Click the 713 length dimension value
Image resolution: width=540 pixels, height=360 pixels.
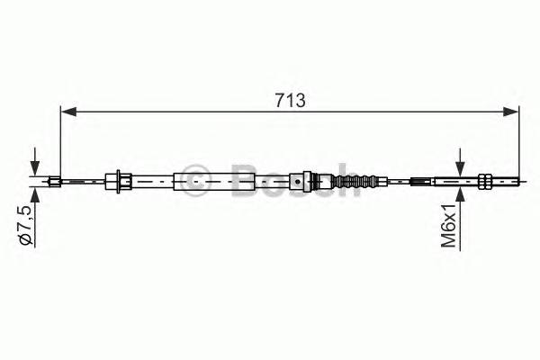[x=290, y=101]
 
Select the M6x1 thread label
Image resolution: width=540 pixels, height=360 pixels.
[x=449, y=225]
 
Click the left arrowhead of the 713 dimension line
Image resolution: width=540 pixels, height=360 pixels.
[x=68, y=112]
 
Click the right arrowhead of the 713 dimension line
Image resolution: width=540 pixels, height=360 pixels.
[x=510, y=112]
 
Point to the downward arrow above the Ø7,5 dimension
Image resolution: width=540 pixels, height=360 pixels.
[x=35, y=162]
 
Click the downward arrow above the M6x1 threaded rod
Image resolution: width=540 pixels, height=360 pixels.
[x=460, y=163]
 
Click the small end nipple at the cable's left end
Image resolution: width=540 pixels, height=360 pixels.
[x=54, y=181]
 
